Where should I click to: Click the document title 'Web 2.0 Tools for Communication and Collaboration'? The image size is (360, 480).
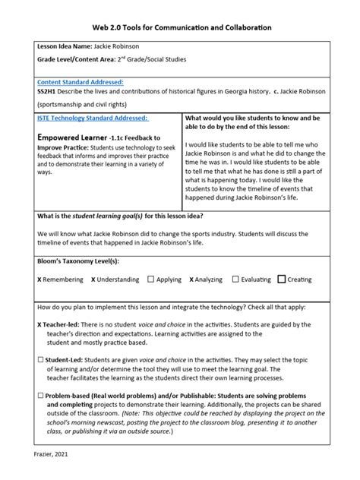180,27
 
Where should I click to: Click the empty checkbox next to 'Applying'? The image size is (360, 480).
151,279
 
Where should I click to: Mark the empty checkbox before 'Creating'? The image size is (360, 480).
282,279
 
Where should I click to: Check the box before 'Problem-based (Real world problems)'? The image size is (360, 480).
18,396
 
